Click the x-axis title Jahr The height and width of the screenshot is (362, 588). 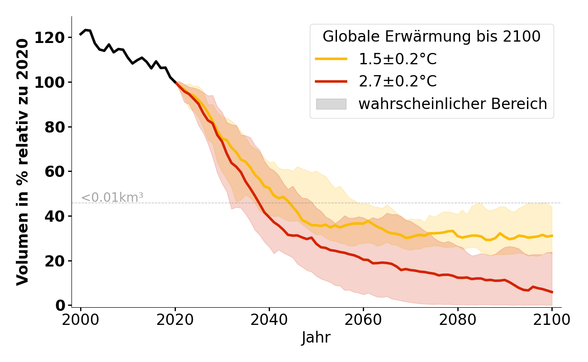pyautogui.click(x=316, y=338)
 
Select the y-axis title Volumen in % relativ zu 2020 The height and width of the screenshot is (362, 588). pyautogui.click(x=23, y=162)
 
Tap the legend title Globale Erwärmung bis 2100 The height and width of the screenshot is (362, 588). pyautogui.click(x=432, y=37)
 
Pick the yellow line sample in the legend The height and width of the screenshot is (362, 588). pyautogui.click(x=331, y=59)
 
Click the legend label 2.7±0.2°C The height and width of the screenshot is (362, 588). pyautogui.click(x=398, y=81)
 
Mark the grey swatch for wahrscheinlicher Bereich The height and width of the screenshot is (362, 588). pyautogui.click(x=331, y=104)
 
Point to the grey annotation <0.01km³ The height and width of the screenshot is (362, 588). pyautogui.click(x=112, y=198)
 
